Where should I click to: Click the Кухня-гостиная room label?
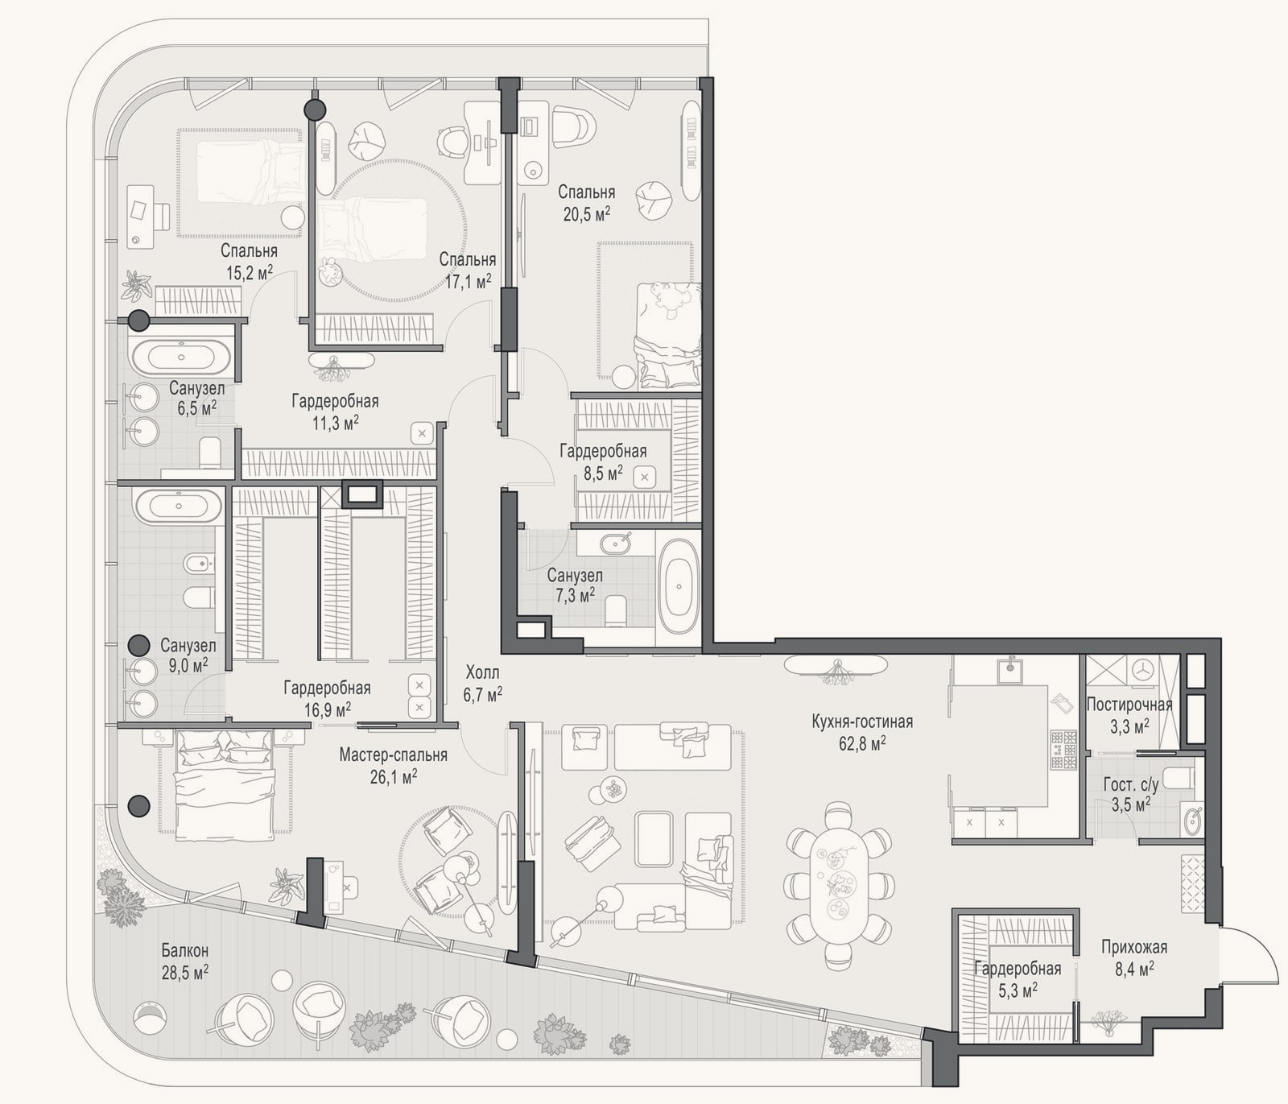(x=862, y=722)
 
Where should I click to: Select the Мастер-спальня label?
(x=393, y=755)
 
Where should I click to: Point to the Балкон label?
(x=185, y=950)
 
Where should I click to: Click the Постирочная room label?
(x=1129, y=705)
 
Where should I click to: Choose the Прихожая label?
(x=1134, y=948)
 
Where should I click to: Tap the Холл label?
(x=482, y=672)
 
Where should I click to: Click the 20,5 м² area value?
(x=586, y=213)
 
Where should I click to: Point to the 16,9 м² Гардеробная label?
(x=327, y=688)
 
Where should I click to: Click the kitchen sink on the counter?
(x=1009, y=668)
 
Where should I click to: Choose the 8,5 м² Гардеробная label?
(x=603, y=452)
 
